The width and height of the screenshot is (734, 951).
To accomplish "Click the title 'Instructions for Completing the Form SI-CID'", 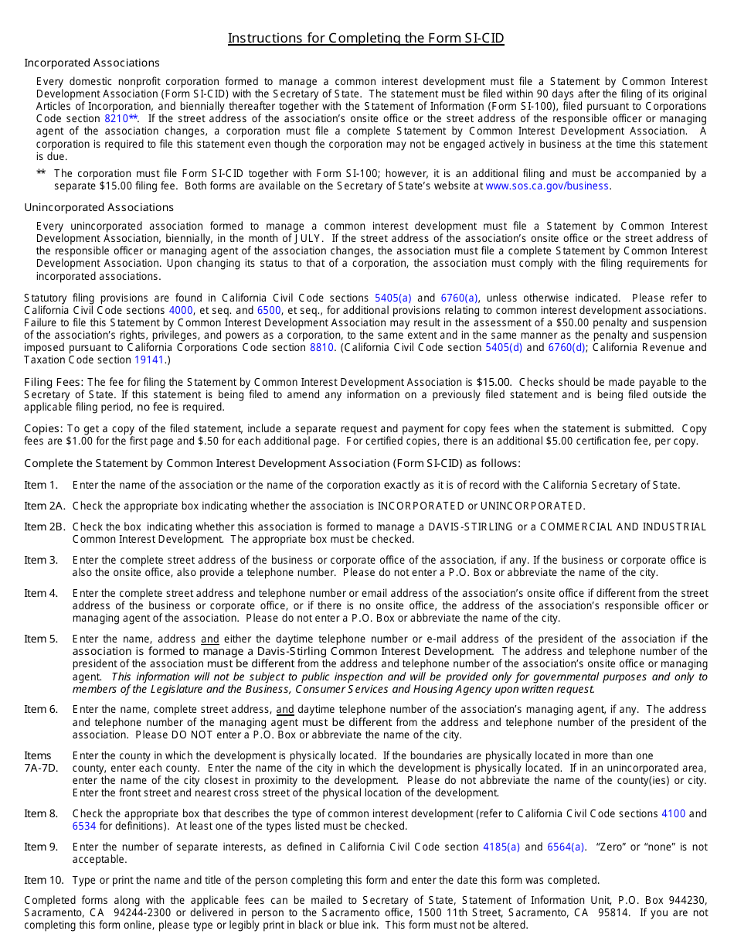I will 366,38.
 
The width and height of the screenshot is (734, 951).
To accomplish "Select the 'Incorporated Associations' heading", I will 92,63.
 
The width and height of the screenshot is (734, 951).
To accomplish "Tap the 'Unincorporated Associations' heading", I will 99,207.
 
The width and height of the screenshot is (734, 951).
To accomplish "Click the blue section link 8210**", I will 121,119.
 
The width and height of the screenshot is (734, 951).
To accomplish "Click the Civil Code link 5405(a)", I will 393,298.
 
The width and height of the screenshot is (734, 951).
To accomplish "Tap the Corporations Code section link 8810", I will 322,348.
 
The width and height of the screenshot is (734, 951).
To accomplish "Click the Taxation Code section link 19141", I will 149,360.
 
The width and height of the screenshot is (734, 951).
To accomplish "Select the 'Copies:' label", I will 43,428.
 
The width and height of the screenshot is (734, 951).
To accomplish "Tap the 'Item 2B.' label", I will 45,527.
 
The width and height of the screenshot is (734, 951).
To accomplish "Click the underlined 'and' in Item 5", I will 210,639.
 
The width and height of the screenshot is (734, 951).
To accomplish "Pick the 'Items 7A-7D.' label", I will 41,762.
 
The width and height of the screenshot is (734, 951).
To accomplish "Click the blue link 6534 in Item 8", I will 84,827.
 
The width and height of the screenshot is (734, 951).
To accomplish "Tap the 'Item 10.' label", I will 45,880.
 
